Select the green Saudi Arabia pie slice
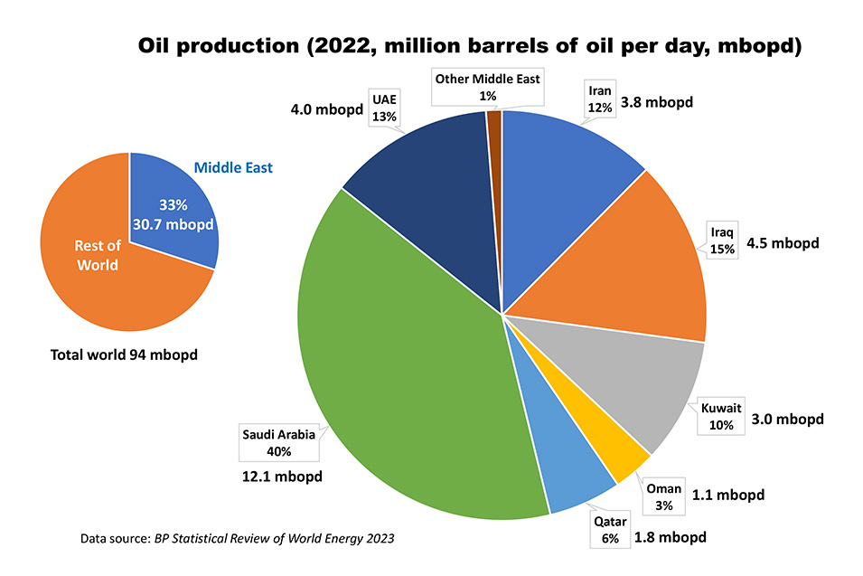tap(407, 380)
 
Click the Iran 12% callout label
tap(600, 99)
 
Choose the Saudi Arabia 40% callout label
tap(278, 441)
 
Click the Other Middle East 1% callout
tap(488, 87)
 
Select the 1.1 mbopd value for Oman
tap(728, 495)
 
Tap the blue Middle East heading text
tap(233, 167)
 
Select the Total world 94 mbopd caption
tap(124, 354)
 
